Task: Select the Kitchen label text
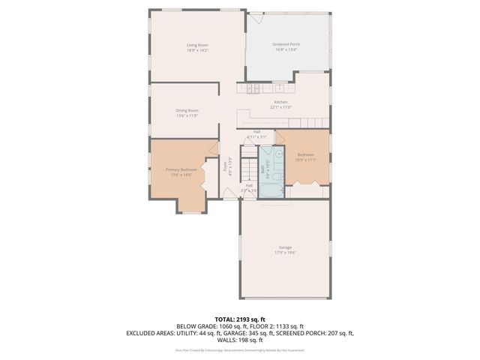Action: [280, 102]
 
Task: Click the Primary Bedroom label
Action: [181, 169]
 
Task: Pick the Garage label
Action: [285, 247]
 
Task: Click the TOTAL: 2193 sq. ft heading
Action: [240, 319]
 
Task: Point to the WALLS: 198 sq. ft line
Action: [240, 340]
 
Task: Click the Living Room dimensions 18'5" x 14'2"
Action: [197, 51]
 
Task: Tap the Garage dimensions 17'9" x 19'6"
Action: [285, 253]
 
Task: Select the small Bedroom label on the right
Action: [306, 154]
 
